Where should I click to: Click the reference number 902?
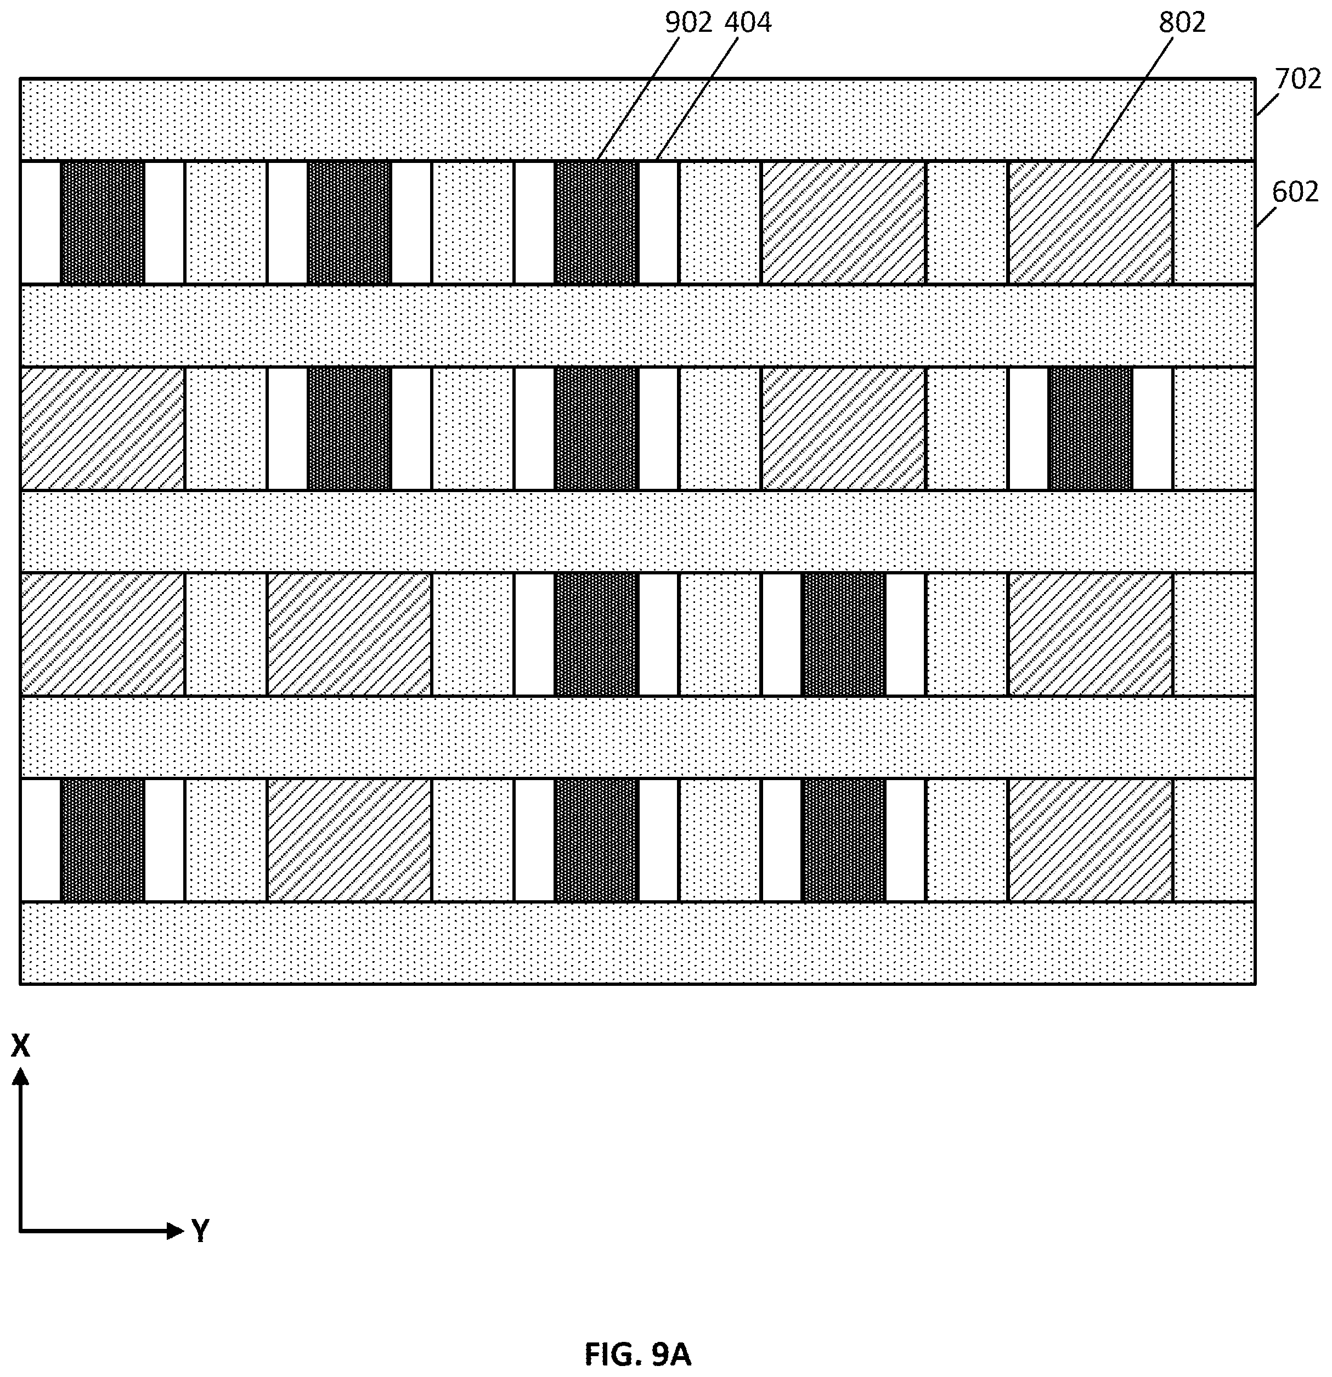[688, 23]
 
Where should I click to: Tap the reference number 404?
[748, 23]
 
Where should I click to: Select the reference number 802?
[1182, 23]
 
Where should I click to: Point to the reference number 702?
[1297, 80]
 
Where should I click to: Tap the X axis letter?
[20, 1046]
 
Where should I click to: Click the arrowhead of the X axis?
[21, 1076]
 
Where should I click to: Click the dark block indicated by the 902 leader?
[596, 223]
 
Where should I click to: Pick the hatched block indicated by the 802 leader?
[1090, 223]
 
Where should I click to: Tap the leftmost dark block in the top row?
[103, 223]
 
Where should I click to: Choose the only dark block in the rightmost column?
[1090, 428]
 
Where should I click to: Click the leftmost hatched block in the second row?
[103, 428]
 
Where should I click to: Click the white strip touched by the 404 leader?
[658, 223]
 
